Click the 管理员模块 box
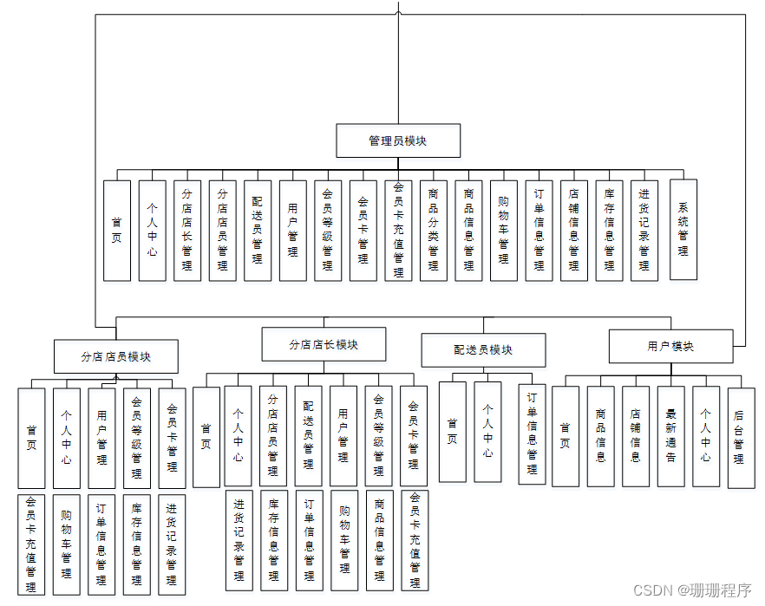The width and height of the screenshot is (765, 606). [x=398, y=140]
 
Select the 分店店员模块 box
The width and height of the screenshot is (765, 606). [x=116, y=356]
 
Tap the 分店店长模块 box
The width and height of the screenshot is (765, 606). [x=324, y=344]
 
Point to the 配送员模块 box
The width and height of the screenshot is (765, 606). [x=483, y=350]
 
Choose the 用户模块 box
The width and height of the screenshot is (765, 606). [x=670, y=346]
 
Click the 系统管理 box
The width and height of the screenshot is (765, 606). [x=683, y=230]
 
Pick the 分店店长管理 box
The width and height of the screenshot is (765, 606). [x=186, y=231]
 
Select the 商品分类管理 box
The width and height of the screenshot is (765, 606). [x=434, y=231]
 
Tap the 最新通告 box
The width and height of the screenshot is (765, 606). [x=670, y=436]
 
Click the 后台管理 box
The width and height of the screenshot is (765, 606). [x=741, y=438]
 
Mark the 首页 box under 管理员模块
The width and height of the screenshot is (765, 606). [x=117, y=231]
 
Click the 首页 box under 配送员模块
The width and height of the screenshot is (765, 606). [x=452, y=432]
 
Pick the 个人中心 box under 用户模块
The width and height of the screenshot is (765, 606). [x=706, y=436]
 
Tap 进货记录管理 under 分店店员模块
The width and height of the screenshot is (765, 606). [x=172, y=544]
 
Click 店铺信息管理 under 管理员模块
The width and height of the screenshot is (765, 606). [x=573, y=231]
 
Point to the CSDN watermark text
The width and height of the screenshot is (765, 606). [x=691, y=590]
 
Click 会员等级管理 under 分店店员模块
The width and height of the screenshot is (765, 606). [x=136, y=438]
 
